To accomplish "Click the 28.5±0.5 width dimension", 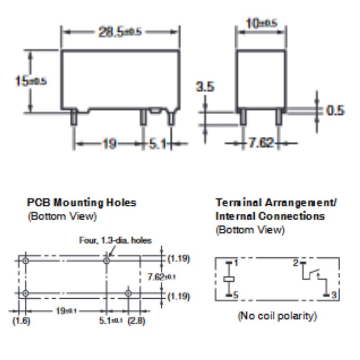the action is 120,32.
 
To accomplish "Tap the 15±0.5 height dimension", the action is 31,81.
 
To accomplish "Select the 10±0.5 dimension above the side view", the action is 261,23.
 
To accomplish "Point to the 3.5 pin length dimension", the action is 205,87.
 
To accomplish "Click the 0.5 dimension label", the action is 335,110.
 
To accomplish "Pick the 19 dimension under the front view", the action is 109,144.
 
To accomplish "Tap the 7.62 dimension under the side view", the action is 261,143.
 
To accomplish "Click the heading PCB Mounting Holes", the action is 81,202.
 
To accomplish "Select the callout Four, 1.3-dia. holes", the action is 115,240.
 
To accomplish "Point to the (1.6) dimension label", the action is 21,321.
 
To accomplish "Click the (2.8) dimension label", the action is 136,321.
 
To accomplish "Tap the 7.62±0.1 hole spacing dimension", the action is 162,277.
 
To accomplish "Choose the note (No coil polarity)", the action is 277,316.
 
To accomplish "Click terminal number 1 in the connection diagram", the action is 236,263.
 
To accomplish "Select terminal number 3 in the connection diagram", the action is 334,295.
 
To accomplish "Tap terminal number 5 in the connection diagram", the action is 236,295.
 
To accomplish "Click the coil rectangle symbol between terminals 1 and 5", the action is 229,279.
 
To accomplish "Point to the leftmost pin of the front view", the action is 74,117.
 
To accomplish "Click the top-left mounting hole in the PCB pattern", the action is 26,261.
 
